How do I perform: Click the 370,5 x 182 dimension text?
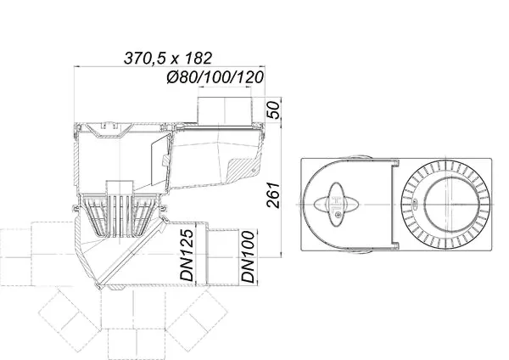pyautogui.click(x=168, y=58)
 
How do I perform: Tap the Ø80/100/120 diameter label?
pyautogui.click(x=215, y=77)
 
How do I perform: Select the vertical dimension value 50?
pyautogui.click(x=272, y=110)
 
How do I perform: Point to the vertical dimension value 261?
pyautogui.click(x=272, y=195)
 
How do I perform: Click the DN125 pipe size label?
pyautogui.click(x=187, y=255)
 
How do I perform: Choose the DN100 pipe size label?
pyautogui.click(x=248, y=256)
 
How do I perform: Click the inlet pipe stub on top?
pyautogui.click(x=225, y=110)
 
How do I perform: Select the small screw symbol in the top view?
pyautogui.click(x=338, y=214)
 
